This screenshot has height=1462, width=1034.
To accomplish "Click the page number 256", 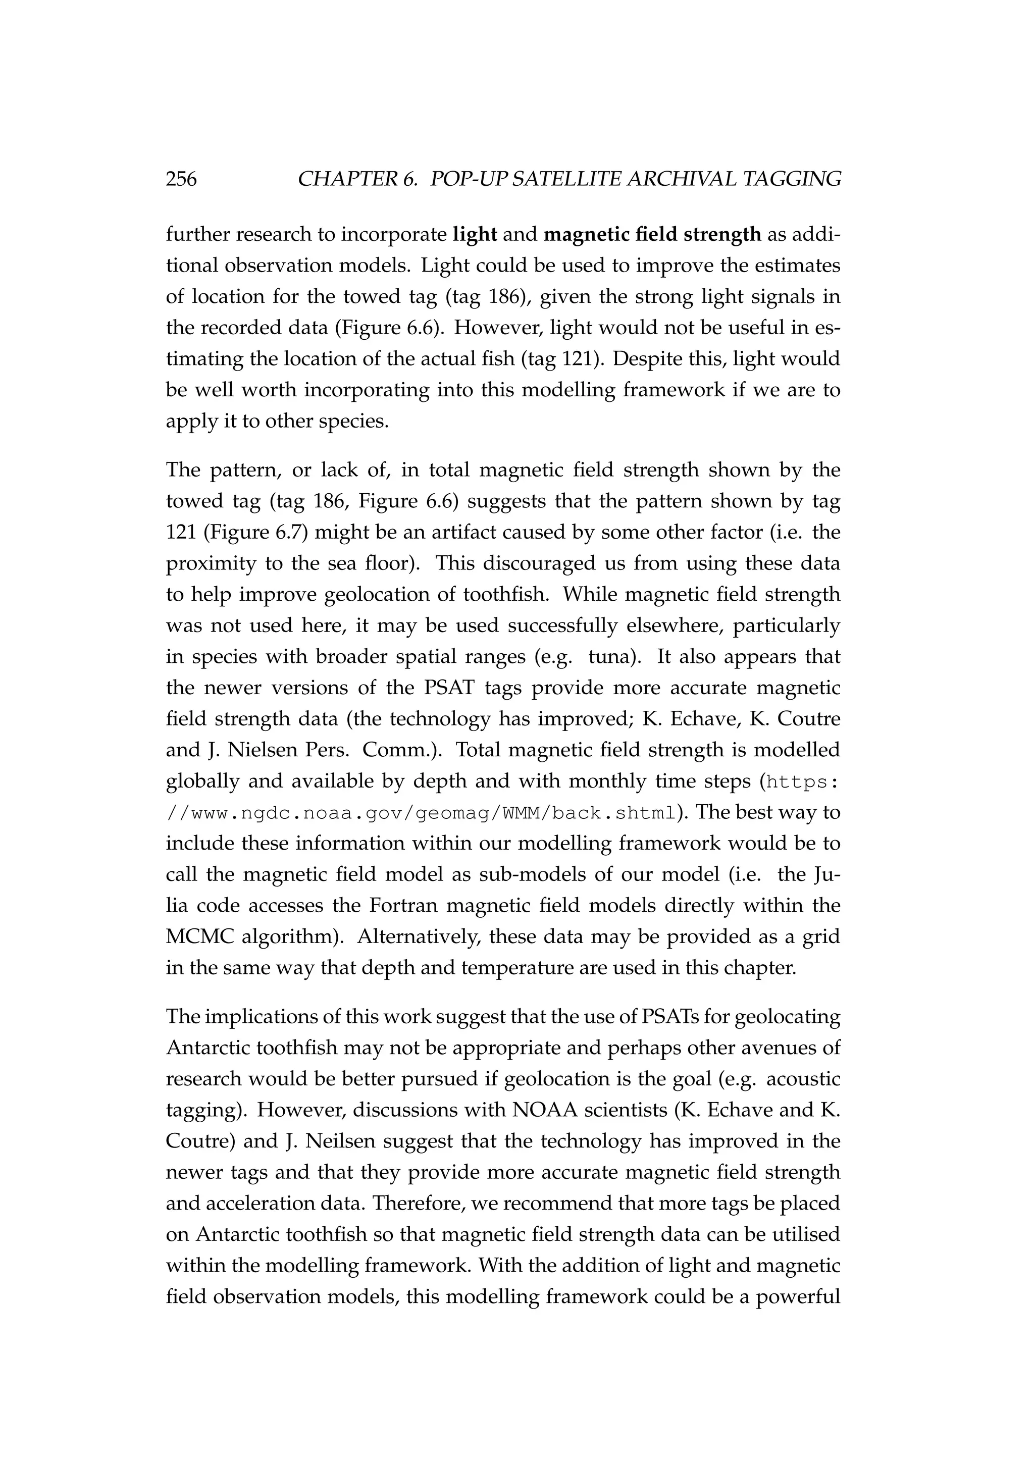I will tap(181, 180).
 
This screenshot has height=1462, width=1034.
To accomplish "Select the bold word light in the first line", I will tap(475, 235).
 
